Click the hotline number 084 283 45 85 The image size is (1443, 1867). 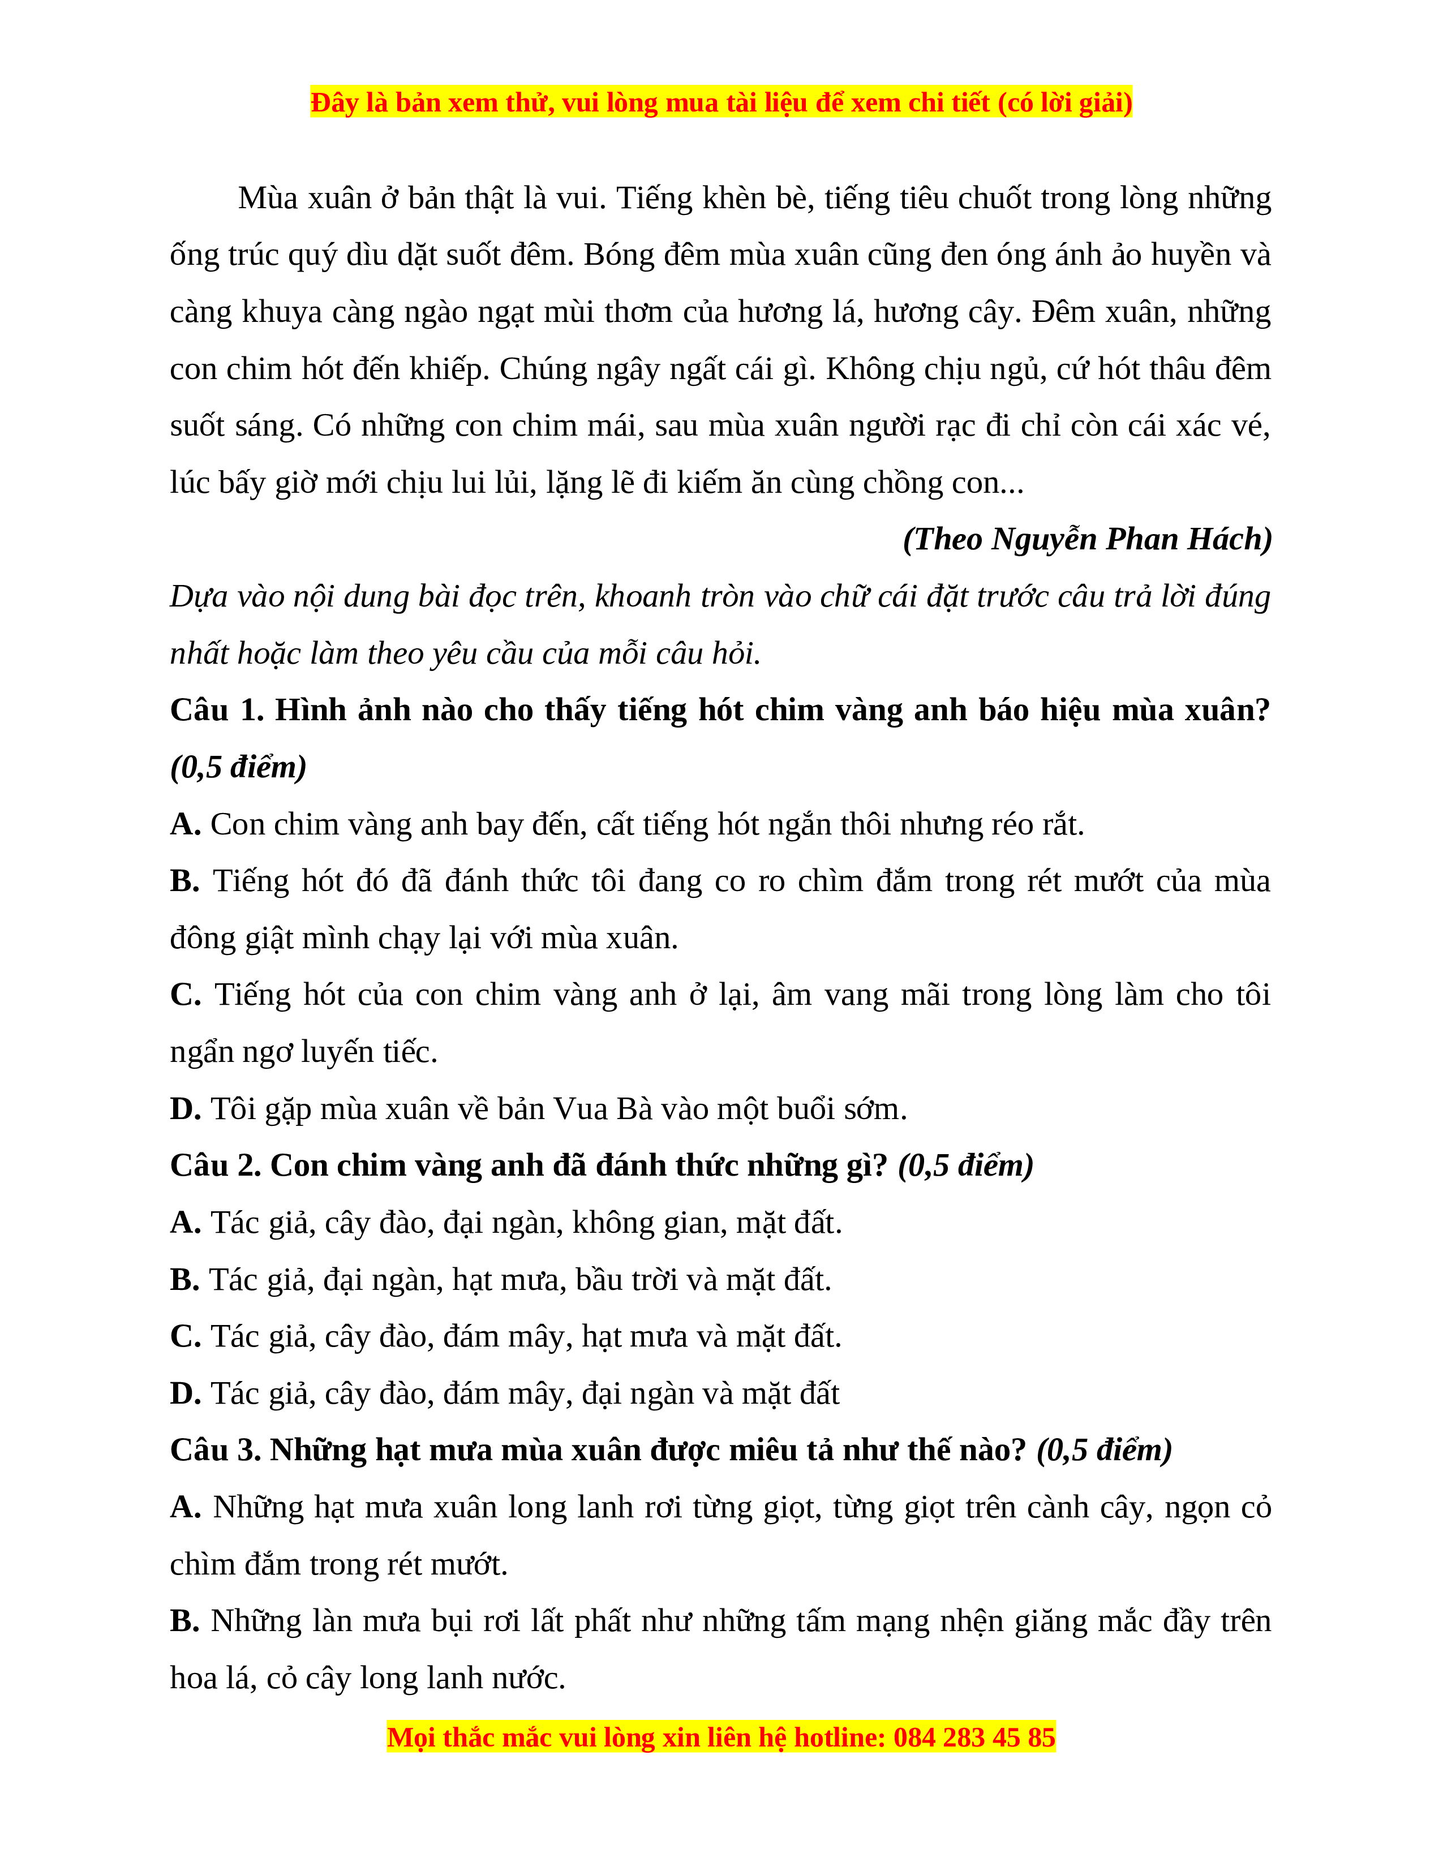pos(974,1738)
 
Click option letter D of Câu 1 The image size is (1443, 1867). pos(184,1109)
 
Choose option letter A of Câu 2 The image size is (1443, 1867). pos(184,1223)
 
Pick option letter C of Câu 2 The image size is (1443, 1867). pos(184,1337)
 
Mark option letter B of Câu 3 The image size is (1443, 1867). pos(184,1621)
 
